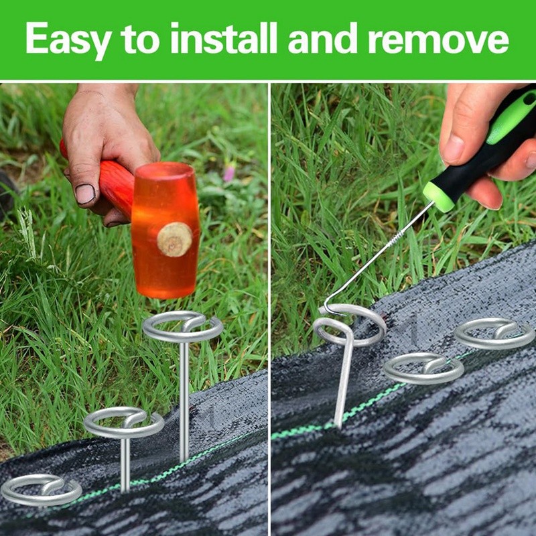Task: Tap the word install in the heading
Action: (x=224, y=39)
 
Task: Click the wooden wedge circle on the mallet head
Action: (x=174, y=239)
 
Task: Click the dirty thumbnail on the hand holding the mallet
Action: (x=85, y=194)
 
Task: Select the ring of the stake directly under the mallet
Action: (x=182, y=327)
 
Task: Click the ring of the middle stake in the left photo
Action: (x=124, y=423)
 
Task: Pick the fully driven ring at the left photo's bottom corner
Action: (x=40, y=490)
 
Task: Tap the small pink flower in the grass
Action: (x=229, y=172)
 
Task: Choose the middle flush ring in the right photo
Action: (x=423, y=368)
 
